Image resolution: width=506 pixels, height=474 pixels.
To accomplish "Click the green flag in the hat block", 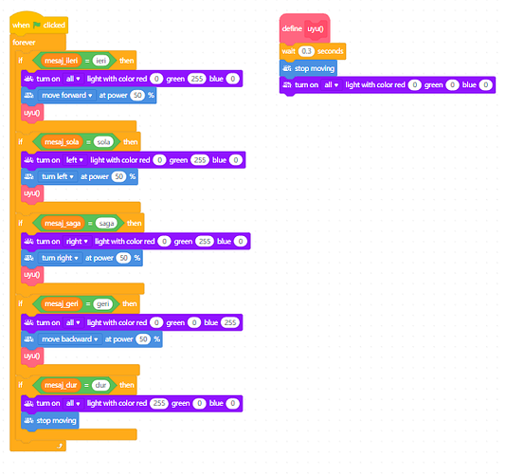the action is point(37,25).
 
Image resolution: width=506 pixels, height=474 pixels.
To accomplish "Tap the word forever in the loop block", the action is point(24,43).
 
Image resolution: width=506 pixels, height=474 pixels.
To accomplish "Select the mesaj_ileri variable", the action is point(61,61).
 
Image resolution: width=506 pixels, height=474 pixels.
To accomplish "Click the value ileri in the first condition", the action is point(101,61).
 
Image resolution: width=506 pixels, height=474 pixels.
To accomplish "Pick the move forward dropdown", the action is point(66,95).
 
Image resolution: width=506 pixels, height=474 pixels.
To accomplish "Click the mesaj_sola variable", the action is point(62,142).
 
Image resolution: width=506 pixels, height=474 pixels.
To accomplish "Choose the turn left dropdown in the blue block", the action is point(58,176).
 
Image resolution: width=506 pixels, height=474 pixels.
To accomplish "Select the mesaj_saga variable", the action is point(63,223).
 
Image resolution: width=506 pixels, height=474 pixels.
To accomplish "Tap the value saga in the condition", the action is point(106,223).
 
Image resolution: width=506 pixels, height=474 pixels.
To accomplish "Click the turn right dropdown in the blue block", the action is point(60,258).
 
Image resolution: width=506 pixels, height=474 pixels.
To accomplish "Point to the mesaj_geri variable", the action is point(62,304).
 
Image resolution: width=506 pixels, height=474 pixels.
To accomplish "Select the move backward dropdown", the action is point(70,339).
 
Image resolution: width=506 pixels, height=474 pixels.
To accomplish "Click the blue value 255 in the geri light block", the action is point(230,322).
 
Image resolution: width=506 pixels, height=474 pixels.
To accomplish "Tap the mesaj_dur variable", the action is point(61,385).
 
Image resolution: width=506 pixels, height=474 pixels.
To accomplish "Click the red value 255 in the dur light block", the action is point(159,403).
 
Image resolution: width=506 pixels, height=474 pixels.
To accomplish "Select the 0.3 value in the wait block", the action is point(306,51).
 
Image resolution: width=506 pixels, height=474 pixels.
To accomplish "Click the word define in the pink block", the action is point(292,28).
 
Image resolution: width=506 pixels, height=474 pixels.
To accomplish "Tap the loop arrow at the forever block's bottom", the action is point(60,446).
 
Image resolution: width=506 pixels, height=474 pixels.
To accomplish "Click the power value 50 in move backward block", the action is point(143,339).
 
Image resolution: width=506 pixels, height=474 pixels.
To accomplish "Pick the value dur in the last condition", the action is point(100,385).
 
